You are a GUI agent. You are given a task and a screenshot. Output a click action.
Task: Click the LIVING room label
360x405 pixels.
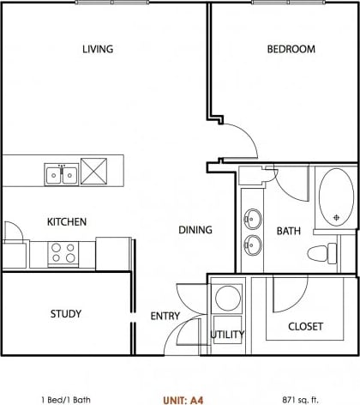click(x=98, y=49)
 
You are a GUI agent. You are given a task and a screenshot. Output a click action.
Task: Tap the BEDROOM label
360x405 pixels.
click(x=291, y=49)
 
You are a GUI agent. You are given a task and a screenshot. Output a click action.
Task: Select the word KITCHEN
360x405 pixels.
click(x=66, y=222)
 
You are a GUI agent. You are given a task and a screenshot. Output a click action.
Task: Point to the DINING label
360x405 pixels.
click(x=195, y=230)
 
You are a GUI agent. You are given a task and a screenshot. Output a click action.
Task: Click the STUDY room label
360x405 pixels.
click(x=65, y=314)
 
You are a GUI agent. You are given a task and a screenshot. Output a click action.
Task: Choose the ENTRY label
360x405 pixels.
click(x=165, y=316)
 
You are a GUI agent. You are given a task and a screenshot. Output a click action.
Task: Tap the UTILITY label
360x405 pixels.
click(x=227, y=335)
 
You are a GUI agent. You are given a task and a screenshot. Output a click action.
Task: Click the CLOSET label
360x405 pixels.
click(x=305, y=326)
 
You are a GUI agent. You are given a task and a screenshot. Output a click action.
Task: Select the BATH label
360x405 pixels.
click(x=288, y=231)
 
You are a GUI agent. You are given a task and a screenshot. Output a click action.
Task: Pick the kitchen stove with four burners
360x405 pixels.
click(x=63, y=252)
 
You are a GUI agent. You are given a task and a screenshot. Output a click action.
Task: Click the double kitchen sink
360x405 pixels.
click(x=61, y=174)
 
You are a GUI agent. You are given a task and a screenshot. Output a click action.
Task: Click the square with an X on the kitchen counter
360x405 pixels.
click(x=94, y=170)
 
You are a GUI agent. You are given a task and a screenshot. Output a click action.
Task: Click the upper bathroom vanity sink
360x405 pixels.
click(x=252, y=217)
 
